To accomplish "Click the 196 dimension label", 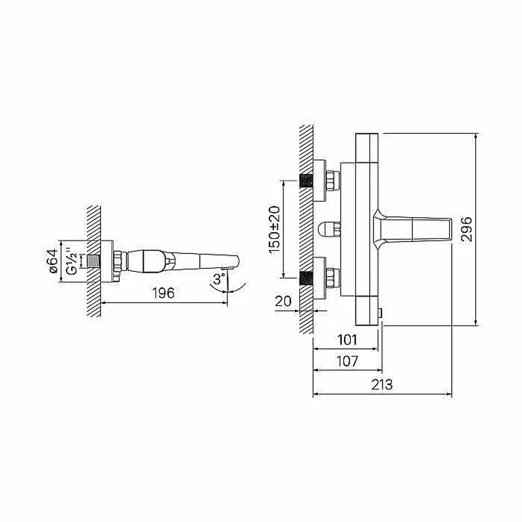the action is [163, 293].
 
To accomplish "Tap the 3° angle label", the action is [219, 279].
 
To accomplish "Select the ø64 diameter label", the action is [53, 262].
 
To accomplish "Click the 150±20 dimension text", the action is [275, 230].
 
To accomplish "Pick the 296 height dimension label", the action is [466, 229].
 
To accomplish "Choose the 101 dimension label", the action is [347, 340].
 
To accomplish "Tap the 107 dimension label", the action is [348, 361].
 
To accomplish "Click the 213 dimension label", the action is [382, 385].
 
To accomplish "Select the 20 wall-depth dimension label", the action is [283, 301].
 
